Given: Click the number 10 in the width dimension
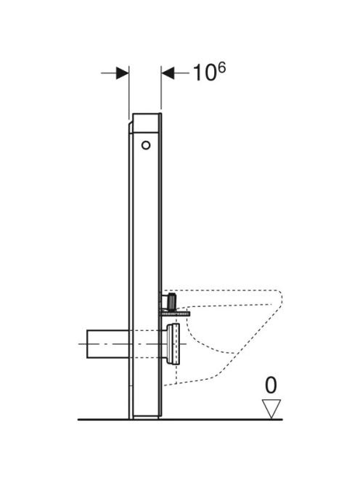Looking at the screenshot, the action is pos(205,73).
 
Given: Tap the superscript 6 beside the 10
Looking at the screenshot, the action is pos(221,68).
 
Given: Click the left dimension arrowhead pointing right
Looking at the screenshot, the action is pos(123,73).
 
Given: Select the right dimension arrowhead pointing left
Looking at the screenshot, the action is pos(168,73).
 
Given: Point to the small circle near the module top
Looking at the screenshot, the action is pos(146,145).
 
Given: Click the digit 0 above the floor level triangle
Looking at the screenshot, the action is pos(271,385).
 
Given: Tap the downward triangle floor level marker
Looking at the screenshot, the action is pos(271,409).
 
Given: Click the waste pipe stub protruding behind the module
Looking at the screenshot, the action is pos(107,344).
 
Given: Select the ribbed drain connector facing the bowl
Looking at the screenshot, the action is pos(173,344).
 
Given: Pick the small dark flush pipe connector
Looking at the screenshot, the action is pos(170,301).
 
